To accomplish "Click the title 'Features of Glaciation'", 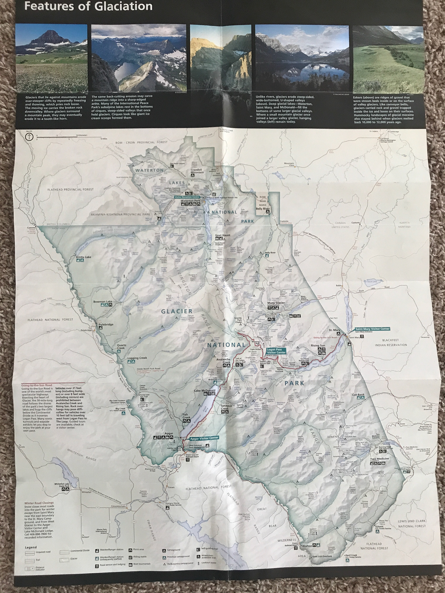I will coord(88,6).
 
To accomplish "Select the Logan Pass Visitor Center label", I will coord(276,351).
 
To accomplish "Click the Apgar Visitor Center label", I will coord(204,438).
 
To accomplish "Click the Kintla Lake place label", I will coord(84,257).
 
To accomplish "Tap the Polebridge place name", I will coord(106,324).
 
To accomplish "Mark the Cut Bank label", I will coord(358,395).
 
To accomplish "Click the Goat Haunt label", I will coord(223,235).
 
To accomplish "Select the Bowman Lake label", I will coord(103,302).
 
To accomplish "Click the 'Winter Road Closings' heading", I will coord(39,503).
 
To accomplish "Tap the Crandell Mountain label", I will coord(197,171).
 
